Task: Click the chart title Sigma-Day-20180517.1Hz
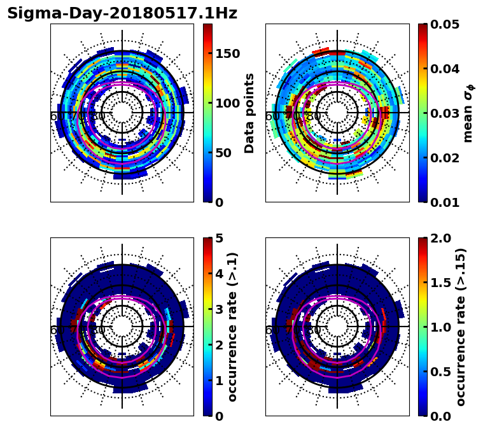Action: click(122, 14)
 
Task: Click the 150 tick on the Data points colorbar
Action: click(227, 53)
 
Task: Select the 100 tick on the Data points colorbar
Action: click(227, 103)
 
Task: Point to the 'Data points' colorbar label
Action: click(249, 113)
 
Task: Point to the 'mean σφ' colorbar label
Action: click(468, 113)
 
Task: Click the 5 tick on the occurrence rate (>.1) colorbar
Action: click(219, 238)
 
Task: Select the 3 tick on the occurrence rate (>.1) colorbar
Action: click(219, 309)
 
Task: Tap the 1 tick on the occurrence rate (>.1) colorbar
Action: click(219, 381)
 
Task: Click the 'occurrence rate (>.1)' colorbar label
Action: click(233, 327)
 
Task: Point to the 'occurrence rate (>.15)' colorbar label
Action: click(461, 327)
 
